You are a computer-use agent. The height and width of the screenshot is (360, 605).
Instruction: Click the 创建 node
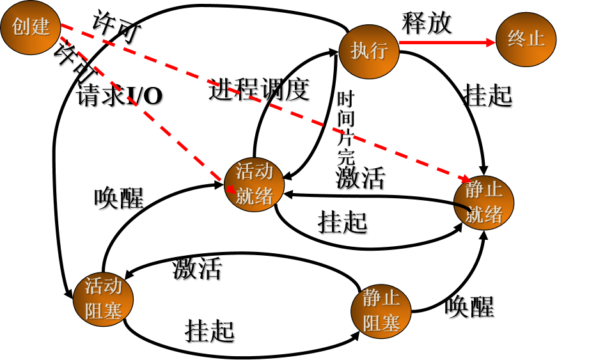pos(30,27)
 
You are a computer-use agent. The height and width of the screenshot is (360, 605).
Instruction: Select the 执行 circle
pos(369,52)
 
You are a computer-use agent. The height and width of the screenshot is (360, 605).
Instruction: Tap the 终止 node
pos(526,40)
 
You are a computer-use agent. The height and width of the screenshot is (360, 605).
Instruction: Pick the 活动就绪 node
pos(254,184)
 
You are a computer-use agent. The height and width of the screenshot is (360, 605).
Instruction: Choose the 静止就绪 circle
pos(483,203)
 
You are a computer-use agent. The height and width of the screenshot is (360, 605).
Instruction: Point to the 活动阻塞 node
pos(103,299)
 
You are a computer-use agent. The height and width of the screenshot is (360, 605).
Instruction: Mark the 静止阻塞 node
pos(381,311)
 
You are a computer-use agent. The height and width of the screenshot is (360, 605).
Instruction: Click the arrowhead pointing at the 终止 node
pos(491,43)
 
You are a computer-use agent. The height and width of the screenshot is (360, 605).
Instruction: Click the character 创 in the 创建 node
pos(21,27)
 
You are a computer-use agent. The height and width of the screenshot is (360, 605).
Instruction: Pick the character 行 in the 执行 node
pos(379,51)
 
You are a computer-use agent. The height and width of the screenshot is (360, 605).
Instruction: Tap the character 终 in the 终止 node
pos(517,38)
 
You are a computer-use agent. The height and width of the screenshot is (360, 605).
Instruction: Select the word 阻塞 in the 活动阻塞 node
pos(103,311)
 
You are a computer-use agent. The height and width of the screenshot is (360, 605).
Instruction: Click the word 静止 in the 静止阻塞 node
pos(381,298)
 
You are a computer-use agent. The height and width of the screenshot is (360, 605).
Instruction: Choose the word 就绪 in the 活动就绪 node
pos(255,196)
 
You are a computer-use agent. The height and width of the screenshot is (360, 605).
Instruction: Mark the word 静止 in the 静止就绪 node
pos(484,190)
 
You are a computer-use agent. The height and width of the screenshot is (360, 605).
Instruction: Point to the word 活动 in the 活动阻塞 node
pos(103,286)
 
